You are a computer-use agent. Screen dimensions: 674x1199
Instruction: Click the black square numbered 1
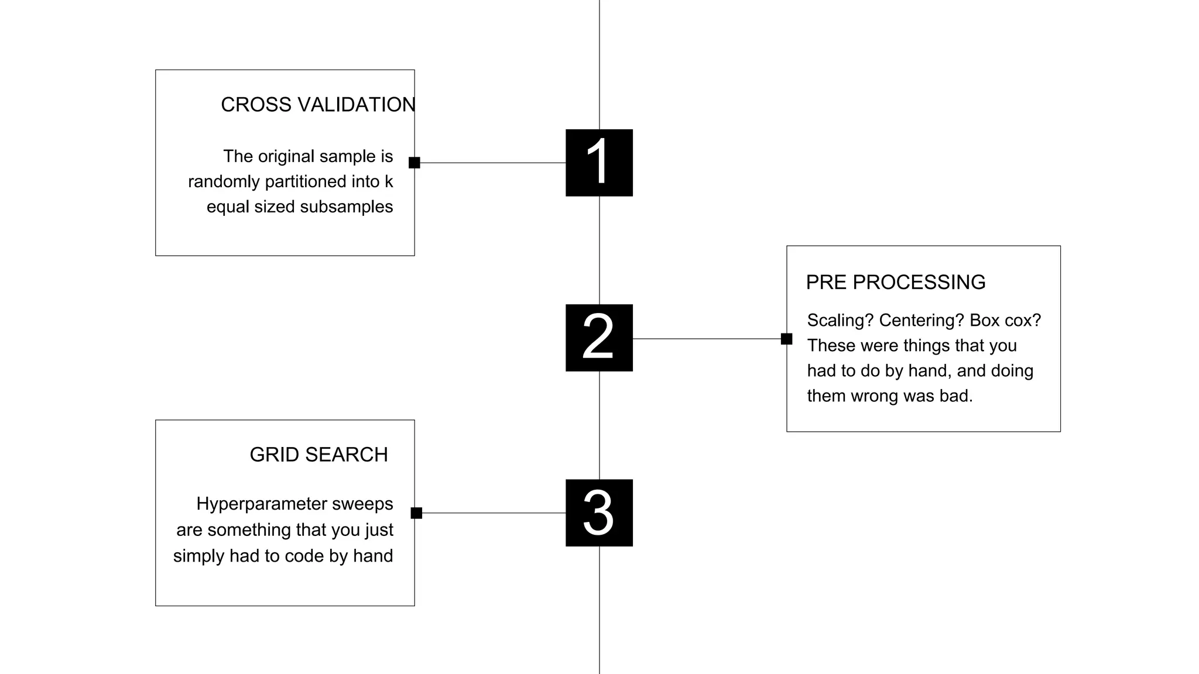pos(599,163)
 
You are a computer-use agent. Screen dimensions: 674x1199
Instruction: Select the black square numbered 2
pos(599,338)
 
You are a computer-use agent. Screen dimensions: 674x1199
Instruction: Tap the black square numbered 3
pos(599,513)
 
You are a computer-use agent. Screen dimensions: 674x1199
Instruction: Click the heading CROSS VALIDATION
pos(318,105)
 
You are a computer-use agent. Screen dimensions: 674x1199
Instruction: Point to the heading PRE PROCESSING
pos(895,282)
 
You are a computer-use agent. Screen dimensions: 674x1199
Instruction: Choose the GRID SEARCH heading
pos(318,455)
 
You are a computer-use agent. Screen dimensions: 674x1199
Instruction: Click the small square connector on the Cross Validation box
pos(414,163)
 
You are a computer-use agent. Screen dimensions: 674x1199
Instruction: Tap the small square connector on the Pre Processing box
pos(786,339)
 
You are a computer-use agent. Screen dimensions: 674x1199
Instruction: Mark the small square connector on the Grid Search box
pos(416,513)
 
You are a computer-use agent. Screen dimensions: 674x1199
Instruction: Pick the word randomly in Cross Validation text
pos(224,182)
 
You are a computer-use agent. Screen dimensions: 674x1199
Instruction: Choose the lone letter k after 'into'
pos(389,181)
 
